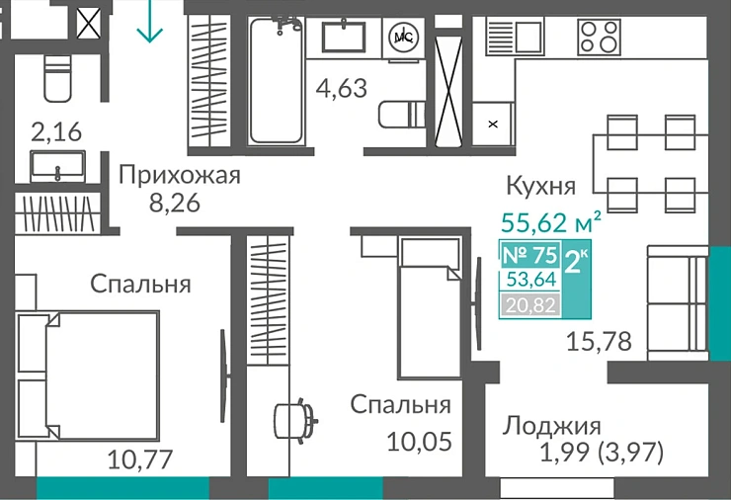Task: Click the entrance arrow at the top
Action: pos(149,22)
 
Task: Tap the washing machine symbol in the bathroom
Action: pos(403,37)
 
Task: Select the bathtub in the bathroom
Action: pos(276,81)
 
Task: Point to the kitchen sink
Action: pos(515,37)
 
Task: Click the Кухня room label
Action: pos(540,186)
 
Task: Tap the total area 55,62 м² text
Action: pos(552,221)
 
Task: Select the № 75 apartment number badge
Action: pos(530,255)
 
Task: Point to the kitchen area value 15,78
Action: pos(599,342)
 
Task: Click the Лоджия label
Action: pos(552,426)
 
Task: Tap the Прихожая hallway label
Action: pos(180,176)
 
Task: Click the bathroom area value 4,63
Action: pos(341,88)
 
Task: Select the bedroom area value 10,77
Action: pos(140,458)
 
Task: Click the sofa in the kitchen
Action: pos(679,300)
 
